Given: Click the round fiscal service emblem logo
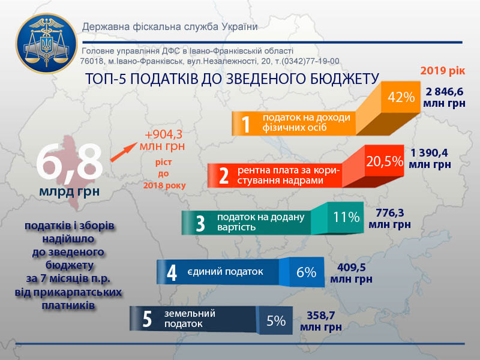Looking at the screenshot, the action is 47,43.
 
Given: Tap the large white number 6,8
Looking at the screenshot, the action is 69,161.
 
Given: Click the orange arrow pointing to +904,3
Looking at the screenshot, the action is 124,152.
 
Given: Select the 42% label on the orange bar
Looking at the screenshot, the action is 401,97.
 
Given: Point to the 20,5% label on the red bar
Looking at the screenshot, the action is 385,161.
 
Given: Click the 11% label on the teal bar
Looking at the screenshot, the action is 346,217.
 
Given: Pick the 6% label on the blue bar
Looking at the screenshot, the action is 306,272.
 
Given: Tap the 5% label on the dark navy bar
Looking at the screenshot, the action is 276,321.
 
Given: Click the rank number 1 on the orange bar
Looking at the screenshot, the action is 246,124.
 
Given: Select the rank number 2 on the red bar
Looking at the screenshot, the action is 224,176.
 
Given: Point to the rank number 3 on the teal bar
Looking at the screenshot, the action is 200,223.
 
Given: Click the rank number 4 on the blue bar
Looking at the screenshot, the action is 172,272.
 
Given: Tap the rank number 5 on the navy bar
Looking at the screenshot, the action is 147,319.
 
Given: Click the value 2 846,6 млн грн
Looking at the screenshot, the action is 444,97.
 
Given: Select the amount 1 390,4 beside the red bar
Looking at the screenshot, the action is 430,152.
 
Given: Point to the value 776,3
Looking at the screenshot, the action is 389,212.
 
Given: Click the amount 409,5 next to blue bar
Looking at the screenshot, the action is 352,267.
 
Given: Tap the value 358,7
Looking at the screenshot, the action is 321,316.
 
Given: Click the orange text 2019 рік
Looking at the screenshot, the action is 443,71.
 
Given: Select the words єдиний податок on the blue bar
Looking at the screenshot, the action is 226,272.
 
